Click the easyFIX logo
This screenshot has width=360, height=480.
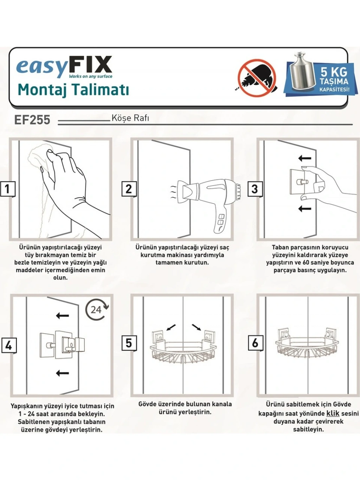coord(64,67)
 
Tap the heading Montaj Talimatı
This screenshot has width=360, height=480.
coord(73,90)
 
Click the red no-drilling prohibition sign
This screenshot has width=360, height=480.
coord(257,78)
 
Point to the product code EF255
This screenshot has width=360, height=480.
coord(32,120)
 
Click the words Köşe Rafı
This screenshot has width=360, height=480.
coord(130,118)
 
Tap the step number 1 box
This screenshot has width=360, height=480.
coord(8,189)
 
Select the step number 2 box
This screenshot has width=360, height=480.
coord(129,189)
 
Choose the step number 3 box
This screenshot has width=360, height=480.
coord(255,189)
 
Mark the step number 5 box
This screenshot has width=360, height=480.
coord(129,343)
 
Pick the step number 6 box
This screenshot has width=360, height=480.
coord(255,343)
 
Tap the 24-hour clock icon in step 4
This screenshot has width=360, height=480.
coord(97,310)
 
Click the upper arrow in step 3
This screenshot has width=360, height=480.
coord(305,158)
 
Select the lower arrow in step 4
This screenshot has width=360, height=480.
coord(63,373)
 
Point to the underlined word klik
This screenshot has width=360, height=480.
coord(333,414)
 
